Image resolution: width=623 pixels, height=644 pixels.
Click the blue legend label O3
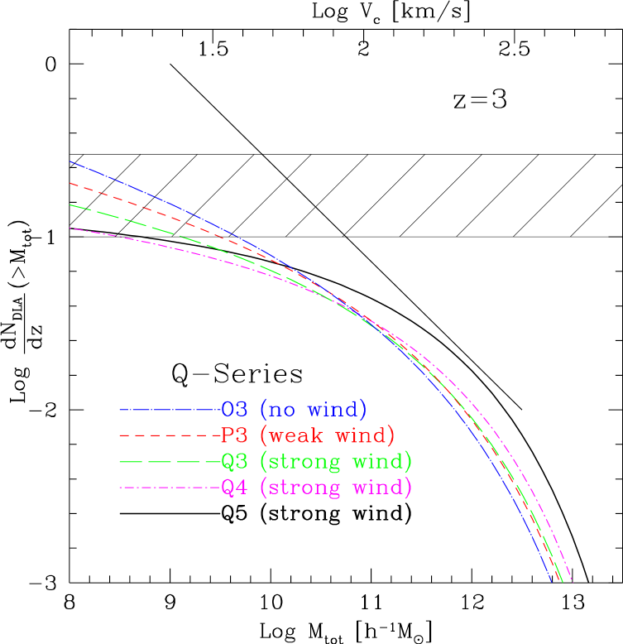point(234,409)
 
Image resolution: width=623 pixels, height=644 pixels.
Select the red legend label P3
point(234,435)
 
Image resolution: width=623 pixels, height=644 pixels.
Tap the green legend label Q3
point(234,461)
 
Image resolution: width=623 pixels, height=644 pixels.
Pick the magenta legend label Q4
point(234,488)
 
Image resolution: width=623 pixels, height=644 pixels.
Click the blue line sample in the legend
point(169,409)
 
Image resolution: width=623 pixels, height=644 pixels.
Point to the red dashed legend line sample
point(169,435)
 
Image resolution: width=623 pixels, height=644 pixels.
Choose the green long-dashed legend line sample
point(169,461)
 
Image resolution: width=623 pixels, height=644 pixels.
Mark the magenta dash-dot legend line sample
point(169,488)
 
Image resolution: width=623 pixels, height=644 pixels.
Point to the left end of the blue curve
point(70,161)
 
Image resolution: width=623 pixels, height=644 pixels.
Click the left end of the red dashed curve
point(70,183)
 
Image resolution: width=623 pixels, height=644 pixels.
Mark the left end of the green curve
point(70,204)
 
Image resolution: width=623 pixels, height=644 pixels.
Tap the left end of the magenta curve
point(70,228)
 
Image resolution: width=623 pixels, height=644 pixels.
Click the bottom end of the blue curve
point(551,581)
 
